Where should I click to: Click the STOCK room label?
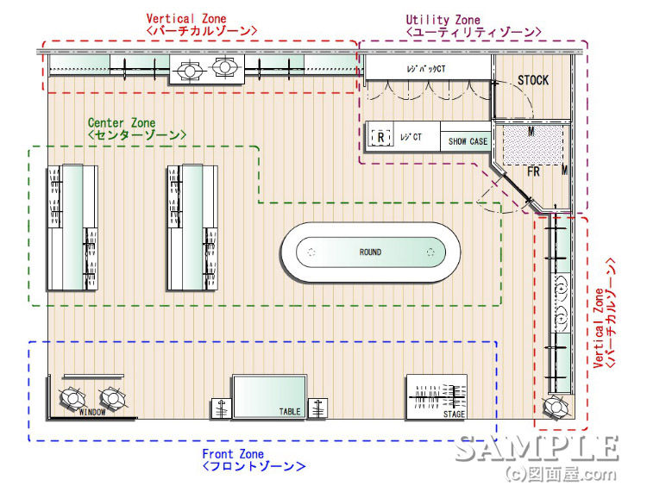(532, 80)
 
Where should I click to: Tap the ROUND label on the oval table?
(370, 252)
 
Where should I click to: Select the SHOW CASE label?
(467, 141)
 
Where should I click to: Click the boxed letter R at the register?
(380, 136)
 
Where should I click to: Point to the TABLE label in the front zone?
(290, 411)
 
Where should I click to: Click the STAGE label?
(454, 414)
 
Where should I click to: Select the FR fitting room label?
(533, 171)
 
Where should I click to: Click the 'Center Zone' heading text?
(122, 123)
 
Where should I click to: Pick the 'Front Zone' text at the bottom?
(233, 454)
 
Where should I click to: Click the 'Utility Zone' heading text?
(443, 20)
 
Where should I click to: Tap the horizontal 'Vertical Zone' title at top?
(187, 18)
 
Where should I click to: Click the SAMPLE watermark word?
(537, 448)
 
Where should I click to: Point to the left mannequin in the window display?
(72, 397)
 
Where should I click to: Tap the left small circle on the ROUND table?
(311, 252)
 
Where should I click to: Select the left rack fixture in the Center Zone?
(72, 227)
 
